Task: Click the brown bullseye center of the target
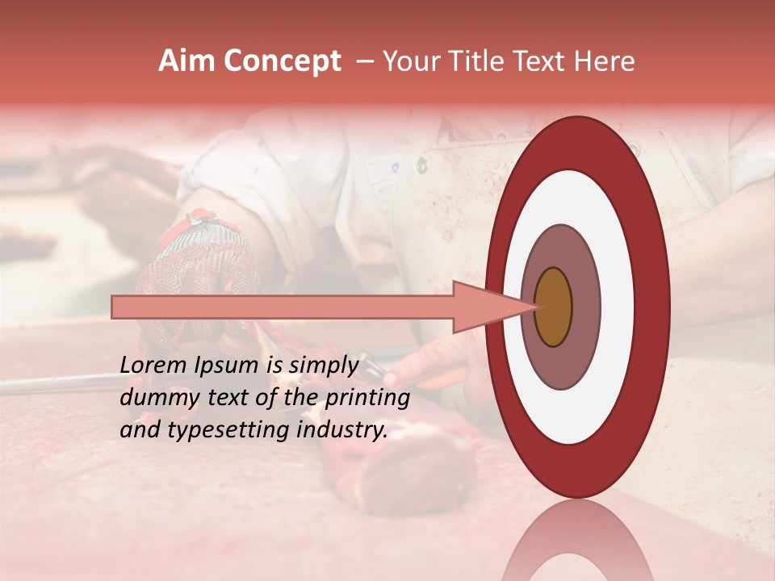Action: click(553, 307)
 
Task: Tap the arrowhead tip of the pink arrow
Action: click(534, 307)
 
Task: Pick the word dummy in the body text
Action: click(151, 398)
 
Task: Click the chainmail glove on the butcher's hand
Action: click(198, 258)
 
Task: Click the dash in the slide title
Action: click(364, 61)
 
